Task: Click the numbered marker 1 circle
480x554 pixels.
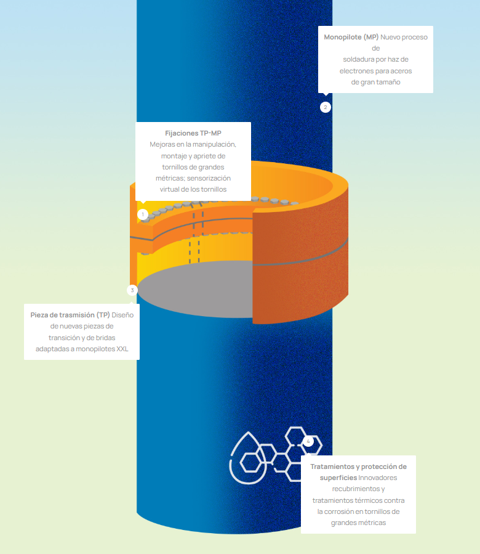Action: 143,214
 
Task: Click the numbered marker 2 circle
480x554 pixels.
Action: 326,107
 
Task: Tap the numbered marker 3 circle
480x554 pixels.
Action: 132,290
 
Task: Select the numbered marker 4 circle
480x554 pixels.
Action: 308,441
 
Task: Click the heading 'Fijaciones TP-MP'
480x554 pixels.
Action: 193,133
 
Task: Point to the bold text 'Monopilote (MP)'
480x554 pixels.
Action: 351,37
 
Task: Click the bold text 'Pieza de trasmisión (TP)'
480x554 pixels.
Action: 70,315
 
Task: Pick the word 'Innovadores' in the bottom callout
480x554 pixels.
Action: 378,478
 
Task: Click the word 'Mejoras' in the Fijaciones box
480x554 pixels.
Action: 163,144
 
